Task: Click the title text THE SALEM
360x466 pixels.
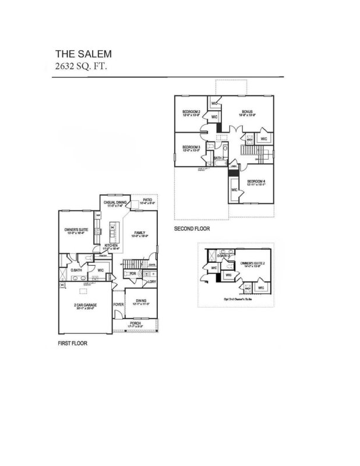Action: point(79,53)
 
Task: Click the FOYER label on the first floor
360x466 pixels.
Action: point(118,304)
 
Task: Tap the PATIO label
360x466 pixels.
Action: point(148,200)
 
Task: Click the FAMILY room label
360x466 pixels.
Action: point(140,232)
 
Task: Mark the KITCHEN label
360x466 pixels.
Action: point(111,246)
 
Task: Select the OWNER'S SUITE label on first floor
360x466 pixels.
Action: point(75,231)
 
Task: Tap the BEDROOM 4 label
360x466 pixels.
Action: point(256,182)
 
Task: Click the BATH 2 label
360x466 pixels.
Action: point(219,158)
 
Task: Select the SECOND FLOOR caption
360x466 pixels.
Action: point(192,229)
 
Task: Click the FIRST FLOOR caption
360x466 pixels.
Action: point(72,344)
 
